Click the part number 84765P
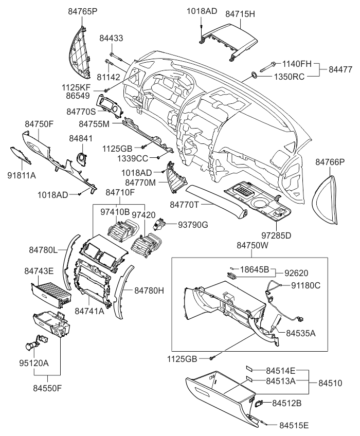coord(83,10)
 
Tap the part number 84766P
coord(330,162)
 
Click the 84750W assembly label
coord(253,246)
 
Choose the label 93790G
coord(194,225)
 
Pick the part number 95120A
coord(34,363)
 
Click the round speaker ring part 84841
coord(81,158)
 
